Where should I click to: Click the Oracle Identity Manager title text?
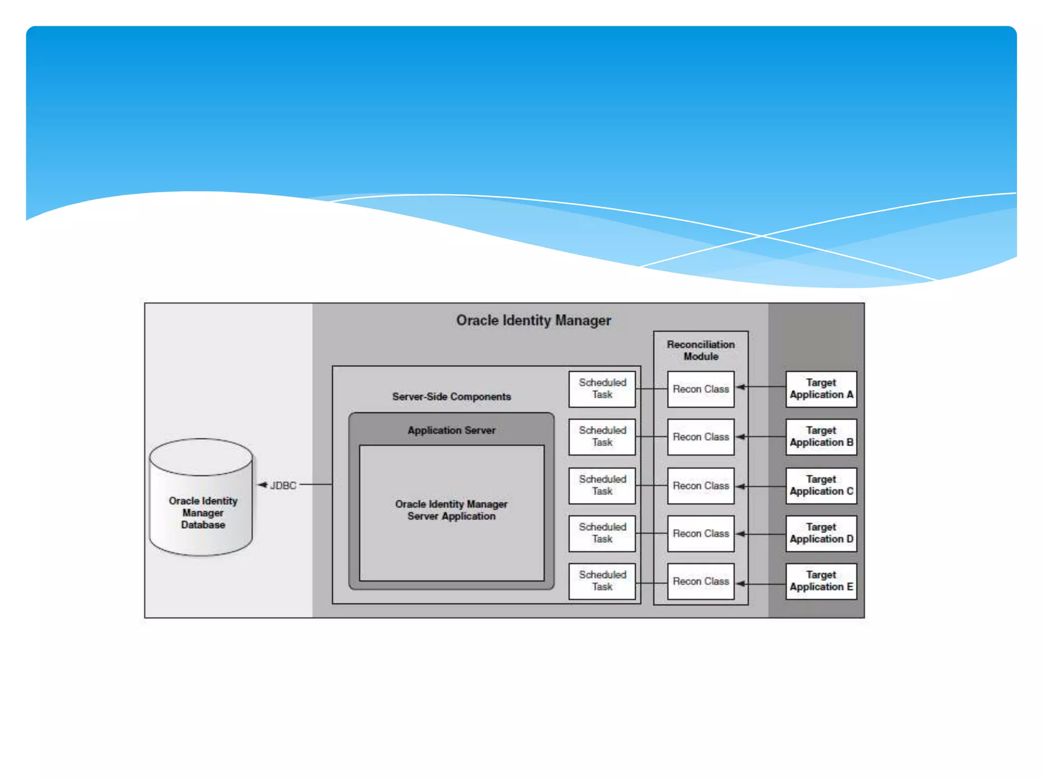533,320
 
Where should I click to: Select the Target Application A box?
821,389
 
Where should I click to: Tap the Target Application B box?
821,437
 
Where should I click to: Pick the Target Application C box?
821,486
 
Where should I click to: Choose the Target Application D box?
821,533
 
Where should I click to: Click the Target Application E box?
821,581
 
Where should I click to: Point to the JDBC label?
283,486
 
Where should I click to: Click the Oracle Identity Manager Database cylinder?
201,498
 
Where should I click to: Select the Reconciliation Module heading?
701,350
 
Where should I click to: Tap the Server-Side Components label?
451,397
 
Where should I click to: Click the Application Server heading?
451,430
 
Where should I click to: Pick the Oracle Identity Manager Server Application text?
451,510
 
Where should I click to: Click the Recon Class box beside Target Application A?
701,389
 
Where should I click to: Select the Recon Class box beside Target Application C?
701,486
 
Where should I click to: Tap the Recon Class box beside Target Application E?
701,581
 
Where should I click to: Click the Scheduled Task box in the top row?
602,389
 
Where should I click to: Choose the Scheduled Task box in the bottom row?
602,581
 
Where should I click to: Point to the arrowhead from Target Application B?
740,437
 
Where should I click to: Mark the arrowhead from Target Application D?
740,534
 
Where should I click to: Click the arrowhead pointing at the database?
262,485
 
